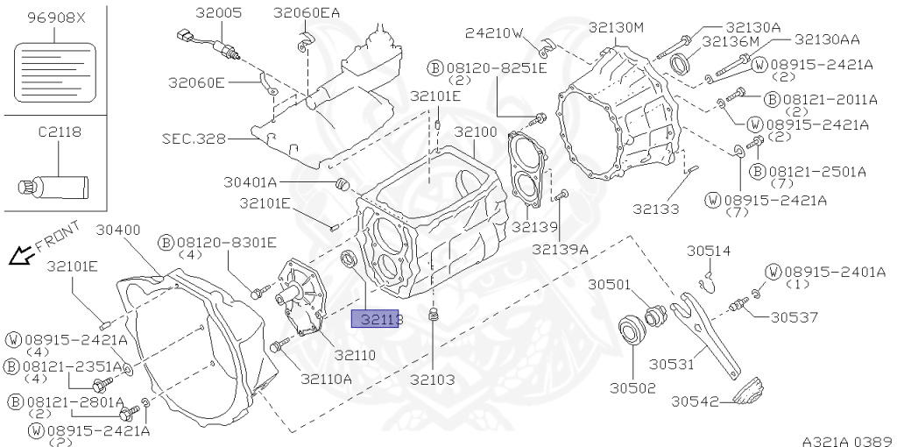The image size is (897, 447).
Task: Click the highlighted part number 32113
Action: (x=377, y=320)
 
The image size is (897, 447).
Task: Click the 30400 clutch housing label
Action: (x=118, y=231)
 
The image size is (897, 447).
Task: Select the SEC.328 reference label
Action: (x=194, y=138)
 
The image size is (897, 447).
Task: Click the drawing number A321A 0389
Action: (x=846, y=438)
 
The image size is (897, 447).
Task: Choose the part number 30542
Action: (x=696, y=401)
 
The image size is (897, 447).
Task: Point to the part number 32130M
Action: (x=616, y=28)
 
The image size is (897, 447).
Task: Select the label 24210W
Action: (x=494, y=33)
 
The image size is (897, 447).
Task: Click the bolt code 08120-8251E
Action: (x=496, y=67)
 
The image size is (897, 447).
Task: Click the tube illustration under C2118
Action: (x=54, y=186)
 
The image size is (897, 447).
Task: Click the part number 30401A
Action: (x=250, y=182)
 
